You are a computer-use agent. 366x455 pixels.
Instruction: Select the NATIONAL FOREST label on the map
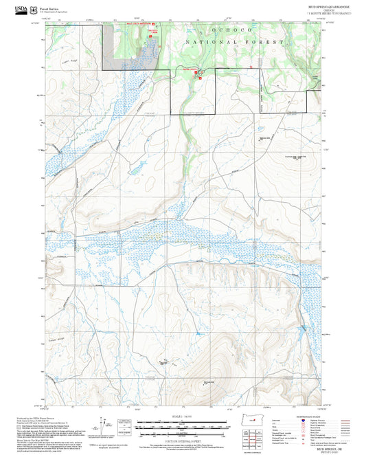(x=234, y=43)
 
